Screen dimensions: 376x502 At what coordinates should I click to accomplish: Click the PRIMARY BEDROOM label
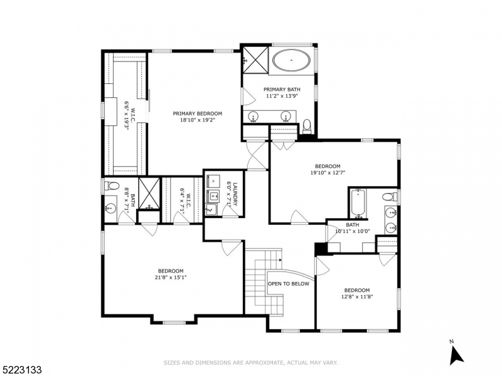click(198, 113)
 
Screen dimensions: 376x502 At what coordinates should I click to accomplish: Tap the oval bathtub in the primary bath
click(291, 61)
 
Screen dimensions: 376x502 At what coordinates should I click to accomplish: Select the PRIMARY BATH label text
click(279, 90)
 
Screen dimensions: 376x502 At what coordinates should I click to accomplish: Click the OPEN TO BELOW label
click(289, 283)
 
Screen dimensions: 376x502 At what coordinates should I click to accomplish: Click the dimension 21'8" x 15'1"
click(170, 278)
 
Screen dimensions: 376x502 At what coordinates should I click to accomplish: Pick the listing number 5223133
click(22, 370)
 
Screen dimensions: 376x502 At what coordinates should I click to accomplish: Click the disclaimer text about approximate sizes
click(250, 362)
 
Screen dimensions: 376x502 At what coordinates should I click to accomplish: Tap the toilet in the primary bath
click(307, 125)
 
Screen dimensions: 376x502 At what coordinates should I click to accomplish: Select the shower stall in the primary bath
click(255, 59)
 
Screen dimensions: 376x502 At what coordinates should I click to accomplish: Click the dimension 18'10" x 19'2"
click(198, 120)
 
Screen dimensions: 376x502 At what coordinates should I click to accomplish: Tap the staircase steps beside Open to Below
click(256, 282)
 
